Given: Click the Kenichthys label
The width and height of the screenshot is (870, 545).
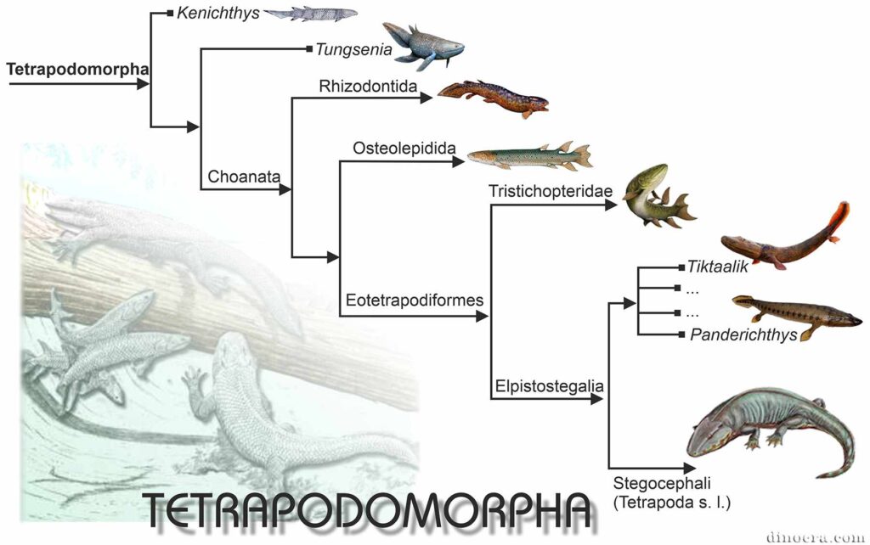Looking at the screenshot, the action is (218, 14).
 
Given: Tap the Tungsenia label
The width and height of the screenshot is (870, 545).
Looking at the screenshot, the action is (353, 50).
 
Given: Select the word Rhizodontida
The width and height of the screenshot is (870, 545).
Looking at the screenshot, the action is (368, 86).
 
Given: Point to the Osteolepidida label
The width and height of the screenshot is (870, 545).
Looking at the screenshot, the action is (404, 148).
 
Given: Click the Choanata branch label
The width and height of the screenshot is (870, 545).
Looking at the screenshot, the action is (244, 177).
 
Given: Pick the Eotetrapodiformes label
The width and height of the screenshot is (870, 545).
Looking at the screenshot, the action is (415, 300).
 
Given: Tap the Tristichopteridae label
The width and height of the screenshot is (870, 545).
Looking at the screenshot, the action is (551, 191).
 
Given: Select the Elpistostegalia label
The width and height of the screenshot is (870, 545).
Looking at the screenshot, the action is (550, 386).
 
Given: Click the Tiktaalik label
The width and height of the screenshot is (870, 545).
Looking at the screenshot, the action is (717, 267).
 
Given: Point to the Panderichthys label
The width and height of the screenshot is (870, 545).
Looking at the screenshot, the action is (743, 334).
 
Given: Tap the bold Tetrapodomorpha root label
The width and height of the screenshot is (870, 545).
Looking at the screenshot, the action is (77, 70).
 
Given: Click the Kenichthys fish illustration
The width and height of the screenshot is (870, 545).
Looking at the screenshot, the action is (310, 14).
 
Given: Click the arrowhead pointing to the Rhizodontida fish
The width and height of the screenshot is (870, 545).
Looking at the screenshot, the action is (427, 98).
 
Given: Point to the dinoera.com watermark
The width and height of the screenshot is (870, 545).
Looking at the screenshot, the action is (815, 537).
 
